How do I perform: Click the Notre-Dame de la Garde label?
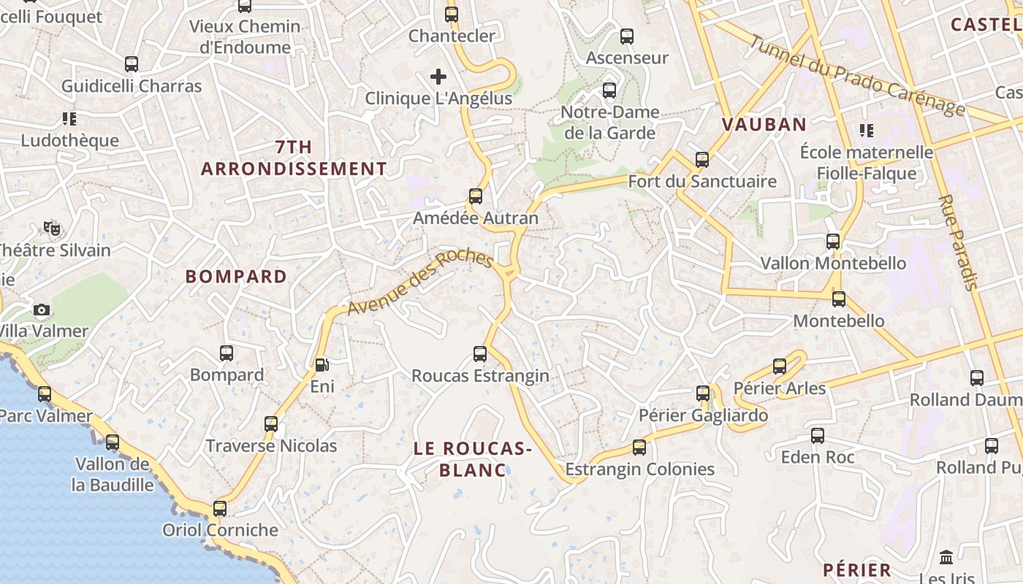[609, 123]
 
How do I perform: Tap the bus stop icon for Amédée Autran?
[476, 196]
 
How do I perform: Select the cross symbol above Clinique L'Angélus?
[438, 77]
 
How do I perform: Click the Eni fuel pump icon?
[322, 364]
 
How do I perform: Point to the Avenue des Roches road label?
[420, 283]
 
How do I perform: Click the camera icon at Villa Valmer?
[42, 310]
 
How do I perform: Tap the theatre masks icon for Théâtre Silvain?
[51, 228]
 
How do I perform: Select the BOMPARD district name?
[236, 277]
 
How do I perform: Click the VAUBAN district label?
[764, 124]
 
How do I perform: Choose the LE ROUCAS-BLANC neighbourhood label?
[473, 459]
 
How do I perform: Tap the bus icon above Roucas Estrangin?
[480, 354]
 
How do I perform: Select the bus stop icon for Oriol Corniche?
[220, 509]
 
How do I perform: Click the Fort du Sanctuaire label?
[702, 181]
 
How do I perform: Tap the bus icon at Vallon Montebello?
[833, 242]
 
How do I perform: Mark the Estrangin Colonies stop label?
[639, 469]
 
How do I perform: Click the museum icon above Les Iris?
[946, 557]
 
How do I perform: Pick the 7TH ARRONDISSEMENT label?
[294, 158]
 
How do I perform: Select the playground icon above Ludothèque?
[69, 118]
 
